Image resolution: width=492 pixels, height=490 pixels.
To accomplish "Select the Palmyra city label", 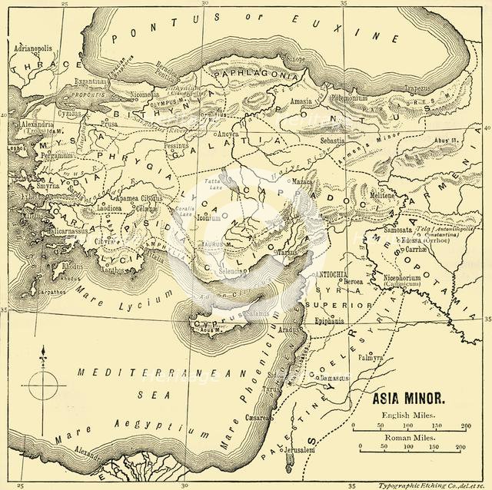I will click(x=371, y=358).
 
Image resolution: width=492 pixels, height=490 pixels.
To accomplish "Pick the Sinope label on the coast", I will click(x=294, y=58).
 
